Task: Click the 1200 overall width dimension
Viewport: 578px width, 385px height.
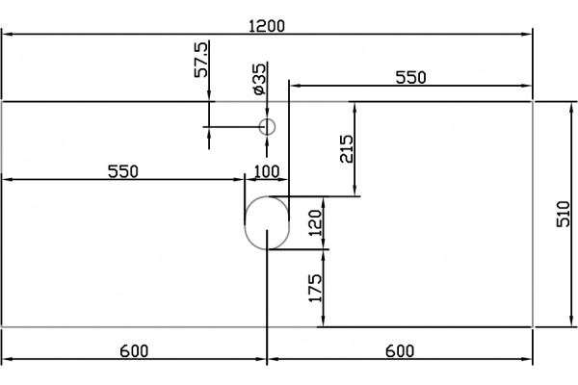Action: [x=267, y=26]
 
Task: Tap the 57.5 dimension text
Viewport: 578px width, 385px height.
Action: [x=201, y=60]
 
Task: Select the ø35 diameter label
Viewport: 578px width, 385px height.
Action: [x=259, y=79]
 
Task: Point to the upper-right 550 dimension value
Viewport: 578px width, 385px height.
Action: [x=410, y=78]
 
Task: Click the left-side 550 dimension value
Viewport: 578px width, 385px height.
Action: [x=123, y=171]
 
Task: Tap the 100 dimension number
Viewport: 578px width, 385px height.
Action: [x=267, y=171]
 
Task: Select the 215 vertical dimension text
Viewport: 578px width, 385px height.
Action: [x=347, y=149]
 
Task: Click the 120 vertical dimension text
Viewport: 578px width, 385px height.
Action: [x=316, y=222]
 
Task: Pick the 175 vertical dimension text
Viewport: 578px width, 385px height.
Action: [x=316, y=288]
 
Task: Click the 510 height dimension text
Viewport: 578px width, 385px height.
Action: [x=564, y=214]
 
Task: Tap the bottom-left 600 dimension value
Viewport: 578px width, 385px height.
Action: [x=134, y=351]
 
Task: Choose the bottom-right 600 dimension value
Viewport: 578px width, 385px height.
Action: [x=400, y=351]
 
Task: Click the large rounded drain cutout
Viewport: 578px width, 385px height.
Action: [x=245, y=223]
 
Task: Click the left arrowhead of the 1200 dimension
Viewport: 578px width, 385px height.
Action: [x=8, y=35]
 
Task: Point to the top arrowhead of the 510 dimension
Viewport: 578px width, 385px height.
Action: [x=571, y=108]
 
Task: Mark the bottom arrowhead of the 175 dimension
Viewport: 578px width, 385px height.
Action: [x=323, y=321]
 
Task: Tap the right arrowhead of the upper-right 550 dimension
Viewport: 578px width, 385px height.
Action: [x=526, y=86]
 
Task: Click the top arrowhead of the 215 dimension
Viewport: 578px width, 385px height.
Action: [x=355, y=108]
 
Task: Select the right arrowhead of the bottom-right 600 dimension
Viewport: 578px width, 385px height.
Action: [x=526, y=359]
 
